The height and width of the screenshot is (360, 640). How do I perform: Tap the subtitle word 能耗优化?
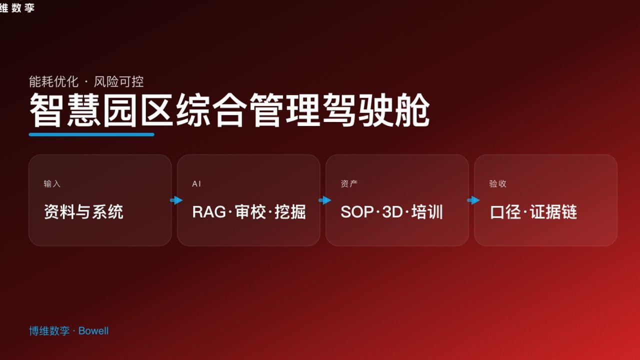[x=53, y=81]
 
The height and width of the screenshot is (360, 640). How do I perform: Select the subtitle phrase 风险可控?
[x=119, y=81]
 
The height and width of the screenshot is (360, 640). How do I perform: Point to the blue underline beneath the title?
[x=91, y=134]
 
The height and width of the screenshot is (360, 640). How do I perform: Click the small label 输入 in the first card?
[x=52, y=184]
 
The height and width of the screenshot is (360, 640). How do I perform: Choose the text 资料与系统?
[x=83, y=212]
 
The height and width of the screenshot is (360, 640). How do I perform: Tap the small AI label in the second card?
[x=197, y=184]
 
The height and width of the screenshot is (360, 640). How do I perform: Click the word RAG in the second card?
[x=208, y=212]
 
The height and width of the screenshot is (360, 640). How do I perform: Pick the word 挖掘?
[x=290, y=212]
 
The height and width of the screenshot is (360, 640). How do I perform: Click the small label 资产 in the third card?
[x=349, y=184]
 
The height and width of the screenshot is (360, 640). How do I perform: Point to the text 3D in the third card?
[x=392, y=212]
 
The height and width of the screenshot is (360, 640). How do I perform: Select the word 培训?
[x=427, y=212]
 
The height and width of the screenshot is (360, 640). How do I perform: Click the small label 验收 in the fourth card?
[x=498, y=184]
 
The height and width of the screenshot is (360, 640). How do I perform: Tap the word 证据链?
[x=553, y=212]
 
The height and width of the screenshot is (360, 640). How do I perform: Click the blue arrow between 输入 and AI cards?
[x=176, y=200]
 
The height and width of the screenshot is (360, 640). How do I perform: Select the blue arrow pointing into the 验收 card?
[x=473, y=200]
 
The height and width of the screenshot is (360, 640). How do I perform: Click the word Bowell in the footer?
[x=93, y=331]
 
